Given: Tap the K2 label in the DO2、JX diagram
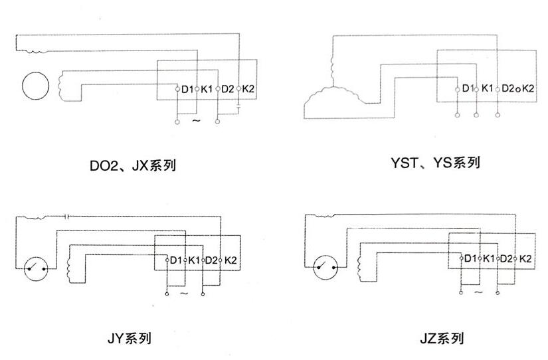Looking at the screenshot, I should click(248, 89).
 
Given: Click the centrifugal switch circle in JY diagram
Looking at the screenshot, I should click(35, 269).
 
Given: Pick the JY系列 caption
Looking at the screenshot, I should click(130, 339).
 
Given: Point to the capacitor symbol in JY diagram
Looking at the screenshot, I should click(68, 216).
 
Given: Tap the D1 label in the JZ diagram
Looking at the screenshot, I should click(470, 258).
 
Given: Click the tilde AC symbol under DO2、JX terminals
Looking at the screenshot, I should click(196, 122).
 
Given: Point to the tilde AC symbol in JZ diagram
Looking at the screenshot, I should click(478, 291).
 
